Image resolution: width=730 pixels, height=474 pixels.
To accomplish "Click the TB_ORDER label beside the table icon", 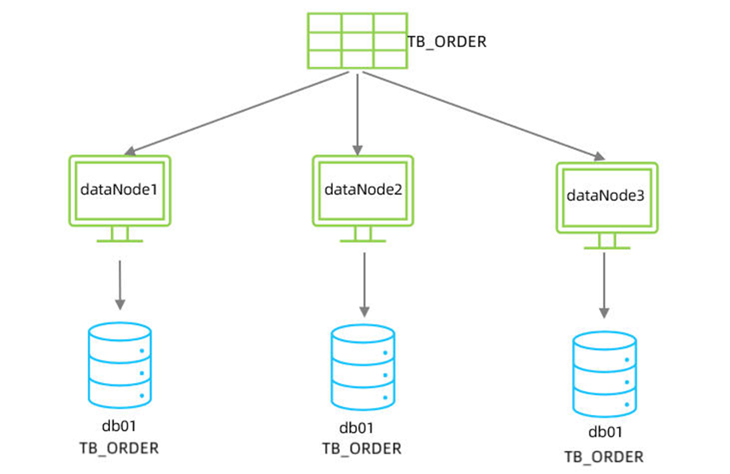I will [x=447, y=41].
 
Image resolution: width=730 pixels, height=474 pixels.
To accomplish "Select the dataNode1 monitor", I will [x=120, y=192].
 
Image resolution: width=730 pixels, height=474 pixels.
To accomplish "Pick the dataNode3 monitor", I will [x=606, y=196].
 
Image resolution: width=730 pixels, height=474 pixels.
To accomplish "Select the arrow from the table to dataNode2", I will [x=357, y=112].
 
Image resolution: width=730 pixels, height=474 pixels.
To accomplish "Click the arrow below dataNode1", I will [x=120, y=283].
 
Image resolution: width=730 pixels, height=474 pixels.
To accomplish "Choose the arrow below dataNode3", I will [x=605, y=286].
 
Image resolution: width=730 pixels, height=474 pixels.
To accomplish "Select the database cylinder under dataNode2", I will [x=363, y=365].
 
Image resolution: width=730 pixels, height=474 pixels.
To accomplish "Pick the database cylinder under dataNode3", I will [x=605, y=373].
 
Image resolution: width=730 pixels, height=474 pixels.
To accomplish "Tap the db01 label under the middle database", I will [x=362, y=428].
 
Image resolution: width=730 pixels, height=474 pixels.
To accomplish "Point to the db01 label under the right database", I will [x=605, y=433].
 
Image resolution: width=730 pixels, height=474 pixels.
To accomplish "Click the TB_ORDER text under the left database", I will [x=120, y=448].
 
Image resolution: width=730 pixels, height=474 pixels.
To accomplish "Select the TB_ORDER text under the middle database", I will [x=362, y=449].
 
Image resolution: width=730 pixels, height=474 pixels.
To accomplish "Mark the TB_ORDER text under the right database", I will [x=605, y=456].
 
